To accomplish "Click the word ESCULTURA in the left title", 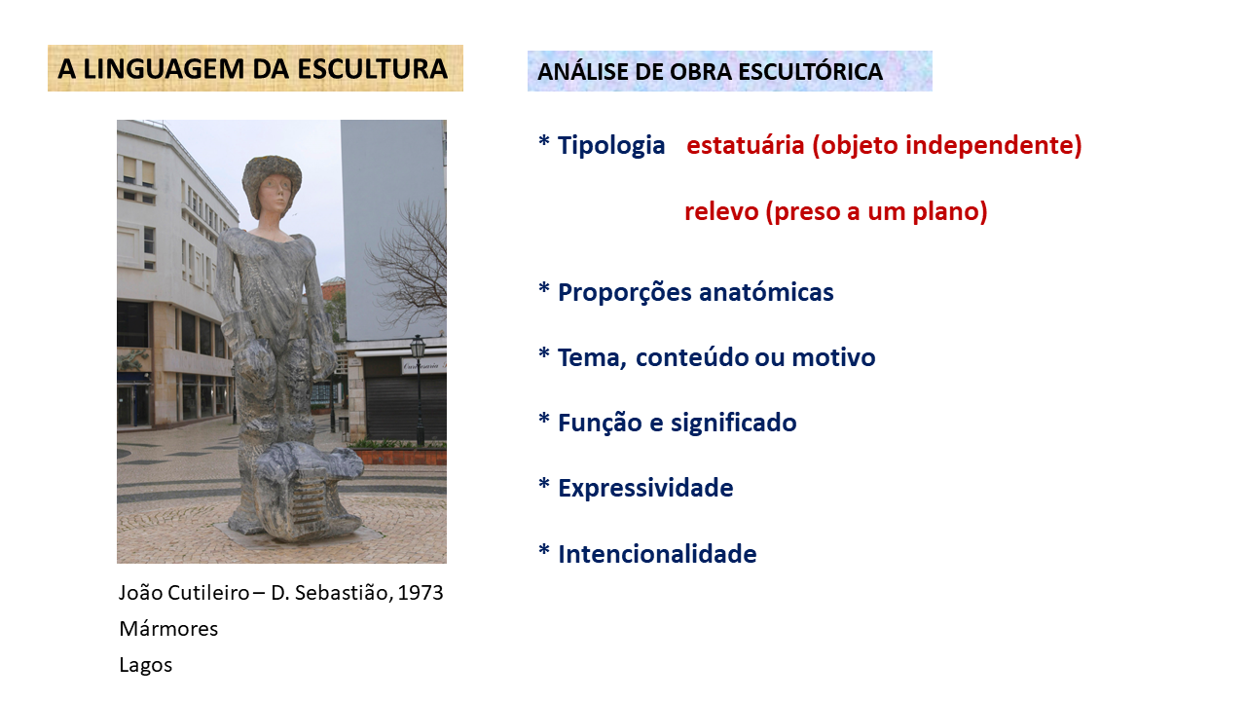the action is coord(372,69).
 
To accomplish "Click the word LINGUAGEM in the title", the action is coord(164,69).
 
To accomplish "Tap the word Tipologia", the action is coord(611,146).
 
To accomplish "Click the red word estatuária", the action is coord(746,145).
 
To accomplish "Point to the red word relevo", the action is coord(721,211).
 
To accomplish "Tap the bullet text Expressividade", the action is coord(645,488).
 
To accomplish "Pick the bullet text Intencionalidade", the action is coord(657,554).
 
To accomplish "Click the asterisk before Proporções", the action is coord(544,289).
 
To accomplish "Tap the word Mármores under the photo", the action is coord(168,629).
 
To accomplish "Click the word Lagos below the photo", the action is coord(146,665).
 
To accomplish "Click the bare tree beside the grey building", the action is coord(412,262).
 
